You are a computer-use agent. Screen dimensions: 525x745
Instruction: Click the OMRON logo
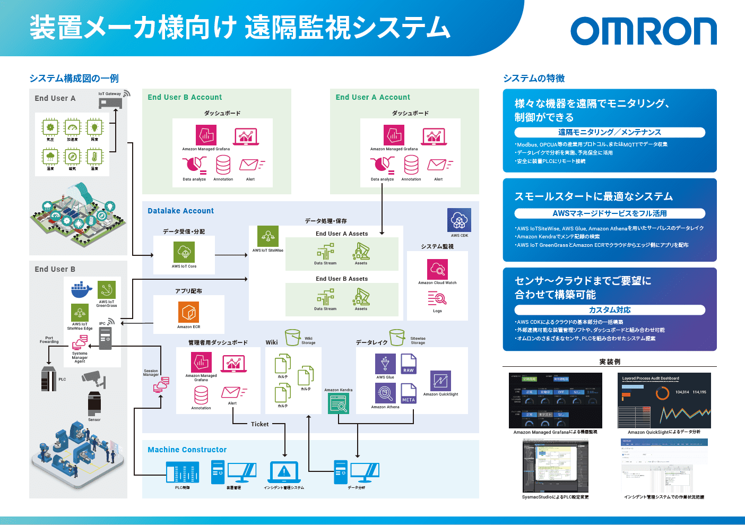[x=643, y=31]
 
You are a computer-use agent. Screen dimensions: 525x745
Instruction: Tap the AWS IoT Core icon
[x=184, y=252]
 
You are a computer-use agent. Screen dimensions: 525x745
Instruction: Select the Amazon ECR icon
[x=188, y=312]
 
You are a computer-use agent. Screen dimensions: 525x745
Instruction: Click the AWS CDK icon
[x=459, y=220]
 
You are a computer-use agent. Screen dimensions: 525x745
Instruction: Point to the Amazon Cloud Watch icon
[x=437, y=269]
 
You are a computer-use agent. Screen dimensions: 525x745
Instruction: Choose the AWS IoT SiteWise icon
[x=268, y=236]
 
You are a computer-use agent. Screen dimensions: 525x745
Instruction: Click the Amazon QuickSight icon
[x=440, y=381]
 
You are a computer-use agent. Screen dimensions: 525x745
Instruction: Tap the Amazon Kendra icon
[x=339, y=404]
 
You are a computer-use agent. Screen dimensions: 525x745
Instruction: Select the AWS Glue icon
[x=385, y=364]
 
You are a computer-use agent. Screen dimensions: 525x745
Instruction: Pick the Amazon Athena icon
[x=385, y=393]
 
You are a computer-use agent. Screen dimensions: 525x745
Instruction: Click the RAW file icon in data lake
[x=409, y=365]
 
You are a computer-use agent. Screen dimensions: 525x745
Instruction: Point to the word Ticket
[x=260, y=424]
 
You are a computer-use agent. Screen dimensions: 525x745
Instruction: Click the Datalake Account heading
[x=180, y=211]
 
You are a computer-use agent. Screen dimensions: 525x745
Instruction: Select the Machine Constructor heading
[x=187, y=450]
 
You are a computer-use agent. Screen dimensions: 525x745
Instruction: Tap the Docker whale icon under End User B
[x=82, y=290]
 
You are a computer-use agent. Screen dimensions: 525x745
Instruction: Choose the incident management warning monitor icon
[x=284, y=471]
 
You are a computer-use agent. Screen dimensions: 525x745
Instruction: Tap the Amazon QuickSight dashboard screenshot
[x=664, y=402]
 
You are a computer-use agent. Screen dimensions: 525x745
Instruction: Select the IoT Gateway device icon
[x=110, y=102]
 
